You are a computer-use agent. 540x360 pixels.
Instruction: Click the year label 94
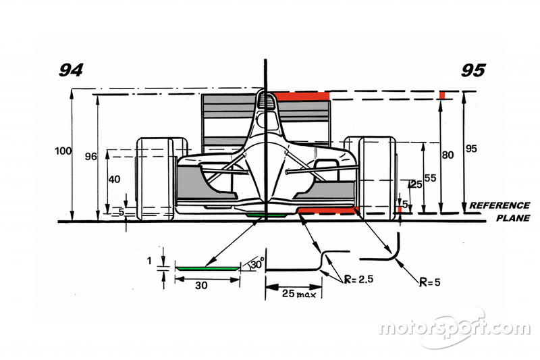[71, 70]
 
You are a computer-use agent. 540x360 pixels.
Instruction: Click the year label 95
[473, 70]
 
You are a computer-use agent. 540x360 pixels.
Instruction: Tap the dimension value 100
[63, 151]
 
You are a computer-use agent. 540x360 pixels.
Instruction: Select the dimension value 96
[91, 157]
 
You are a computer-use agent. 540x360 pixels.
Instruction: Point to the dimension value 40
[114, 179]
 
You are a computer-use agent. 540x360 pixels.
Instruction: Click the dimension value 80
[448, 155]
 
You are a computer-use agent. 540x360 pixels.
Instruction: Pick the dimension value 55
[430, 178]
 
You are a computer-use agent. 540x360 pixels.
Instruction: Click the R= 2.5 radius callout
[359, 279]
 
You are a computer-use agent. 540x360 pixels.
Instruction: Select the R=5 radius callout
[430, 282]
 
